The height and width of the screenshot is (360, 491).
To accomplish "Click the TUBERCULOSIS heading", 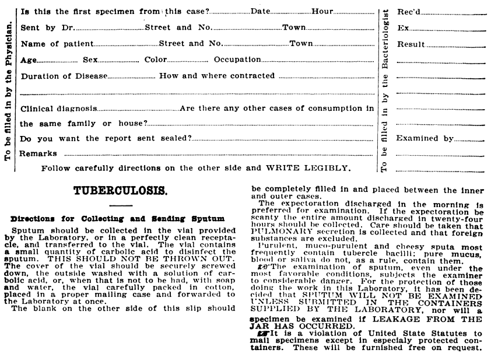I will click(x=121, y=190).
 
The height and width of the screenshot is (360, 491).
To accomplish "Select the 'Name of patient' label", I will click(x=57, y=43).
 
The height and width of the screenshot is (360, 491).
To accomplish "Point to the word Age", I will click(x=29, y=60).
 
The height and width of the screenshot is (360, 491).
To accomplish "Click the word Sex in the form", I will click(x=91, y=60).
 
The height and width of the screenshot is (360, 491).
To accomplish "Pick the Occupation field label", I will click(x=237, y=60).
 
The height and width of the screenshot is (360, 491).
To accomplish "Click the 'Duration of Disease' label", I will click(x=64, y=76).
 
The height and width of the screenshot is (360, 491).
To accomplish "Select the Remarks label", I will click(x=38, y=153).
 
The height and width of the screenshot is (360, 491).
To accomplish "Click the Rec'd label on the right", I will click(x=409, y=11).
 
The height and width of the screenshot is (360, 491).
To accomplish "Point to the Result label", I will click(x=411, y=44).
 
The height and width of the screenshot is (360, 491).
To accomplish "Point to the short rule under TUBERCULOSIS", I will click(x=121, y=205).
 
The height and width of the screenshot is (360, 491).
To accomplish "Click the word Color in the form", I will click(x=156, y=60).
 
